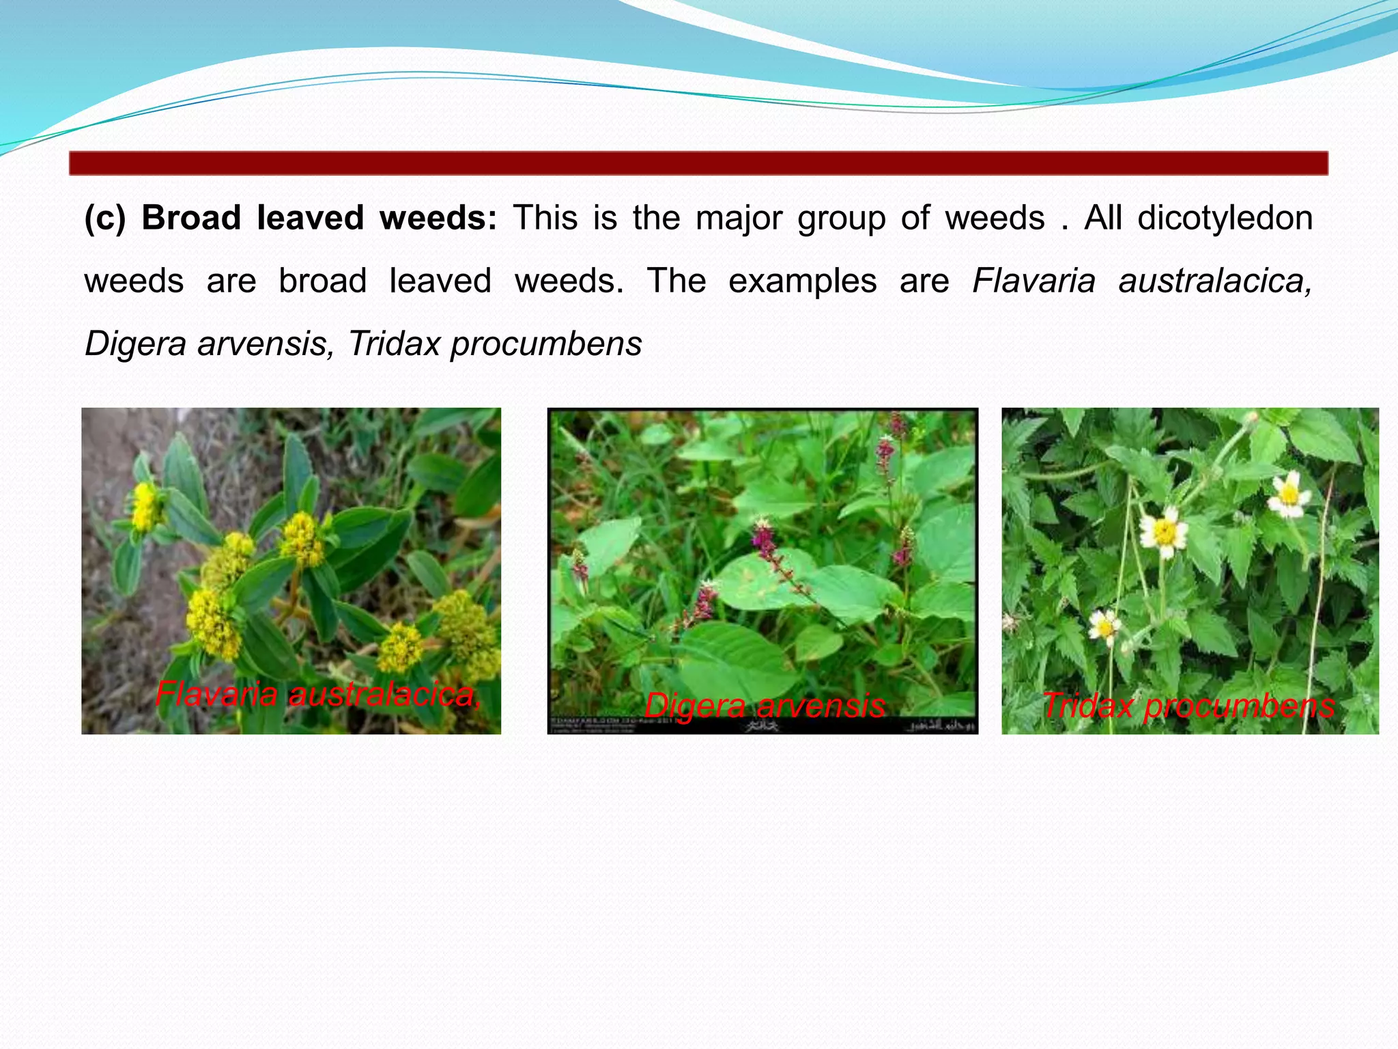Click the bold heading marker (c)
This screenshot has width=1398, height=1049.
pos(104,219)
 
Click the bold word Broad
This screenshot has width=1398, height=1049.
pos(191,219)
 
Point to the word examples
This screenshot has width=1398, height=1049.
pos(802,281)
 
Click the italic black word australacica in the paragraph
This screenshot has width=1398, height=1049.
pos(1214,281)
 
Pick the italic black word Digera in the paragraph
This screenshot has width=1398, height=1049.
pos(135,344)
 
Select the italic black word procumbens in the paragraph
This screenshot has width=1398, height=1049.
pos(546,344)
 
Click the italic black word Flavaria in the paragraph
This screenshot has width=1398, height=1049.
pos(1033,281)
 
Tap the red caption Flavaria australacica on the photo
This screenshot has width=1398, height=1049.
pos(318,695)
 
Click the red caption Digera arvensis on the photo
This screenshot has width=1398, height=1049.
pos(765,705)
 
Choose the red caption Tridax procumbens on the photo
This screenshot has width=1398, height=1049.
pos(1188,705)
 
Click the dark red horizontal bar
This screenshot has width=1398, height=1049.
pos(698,163)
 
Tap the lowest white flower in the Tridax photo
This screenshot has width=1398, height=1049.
pos(1104,625)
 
